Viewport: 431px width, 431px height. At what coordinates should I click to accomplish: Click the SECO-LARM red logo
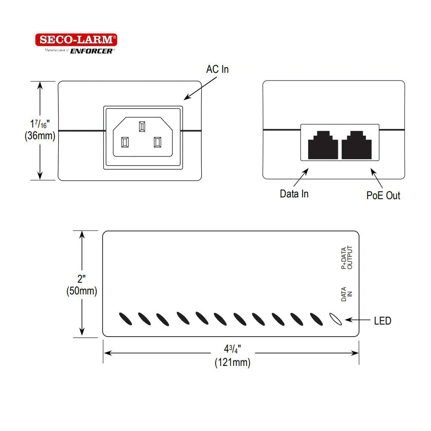(x=76, y=40)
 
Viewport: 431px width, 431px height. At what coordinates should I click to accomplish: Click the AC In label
(x=217, y=69)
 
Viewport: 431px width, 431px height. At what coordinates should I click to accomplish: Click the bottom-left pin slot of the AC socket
(x=125, y=142)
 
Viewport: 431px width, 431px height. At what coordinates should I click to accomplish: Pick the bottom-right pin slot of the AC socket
(x=157, y=142)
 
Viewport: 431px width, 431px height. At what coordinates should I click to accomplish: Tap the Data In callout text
(x=294, y=194)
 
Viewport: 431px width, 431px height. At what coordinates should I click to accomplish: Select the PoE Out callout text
(x=383, y=195)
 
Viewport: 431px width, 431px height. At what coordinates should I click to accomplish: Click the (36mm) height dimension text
(x=40, y=136)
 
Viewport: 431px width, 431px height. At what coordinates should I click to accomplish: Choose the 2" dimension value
(x=81, y=278)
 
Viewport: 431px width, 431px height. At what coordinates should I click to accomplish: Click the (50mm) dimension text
(x=81, y=291)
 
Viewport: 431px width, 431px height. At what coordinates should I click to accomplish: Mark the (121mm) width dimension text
(x=232, y=362)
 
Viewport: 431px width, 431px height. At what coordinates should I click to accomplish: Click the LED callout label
(x=382, y=321)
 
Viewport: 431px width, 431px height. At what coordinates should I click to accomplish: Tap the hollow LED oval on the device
(x=335, y=319)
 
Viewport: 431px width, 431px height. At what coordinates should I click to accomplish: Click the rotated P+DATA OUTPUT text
(x=347, y=258)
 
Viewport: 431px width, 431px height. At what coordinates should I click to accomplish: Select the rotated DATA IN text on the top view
(x=347, y=294)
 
